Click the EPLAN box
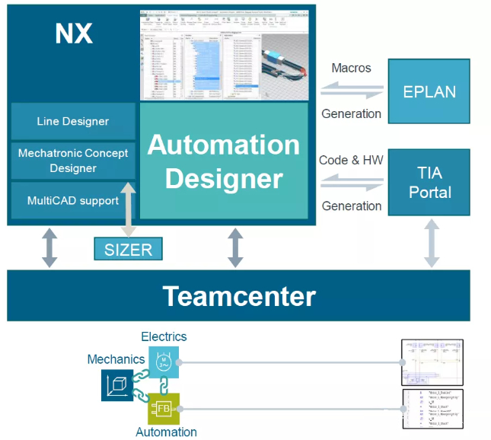coord(429,92)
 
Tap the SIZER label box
coord(128,249)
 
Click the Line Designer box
coord(73,121)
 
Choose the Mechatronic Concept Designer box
coord(73,160)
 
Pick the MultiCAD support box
coord(73,201)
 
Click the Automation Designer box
coord(224,161)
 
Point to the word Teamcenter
coord(238,295)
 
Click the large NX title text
coord(74,33)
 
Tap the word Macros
coord(351,69)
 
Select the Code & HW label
coord(351,160)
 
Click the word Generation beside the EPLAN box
coord(351,113)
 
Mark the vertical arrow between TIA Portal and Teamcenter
coord(432,243)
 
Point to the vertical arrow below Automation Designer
coord(235,247)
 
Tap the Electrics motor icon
coord(163,362)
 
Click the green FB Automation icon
coord(163,409)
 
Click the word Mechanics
coord(116,359)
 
